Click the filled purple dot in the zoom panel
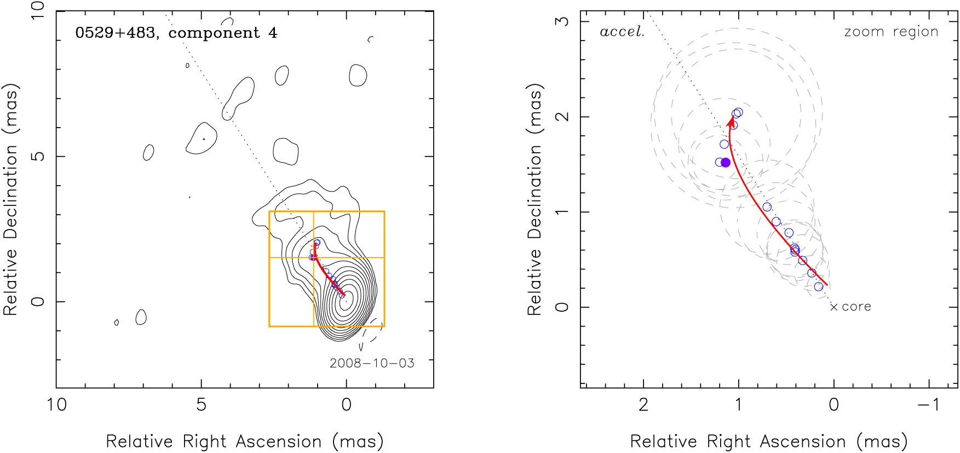[x=726, y=163]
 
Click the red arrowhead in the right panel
[x=731, y=121]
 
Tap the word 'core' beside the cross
[x=856, y=307]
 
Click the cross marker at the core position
[x=833, y=307]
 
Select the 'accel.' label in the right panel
[x=622, y=32]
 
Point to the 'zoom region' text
[x=891, y=32]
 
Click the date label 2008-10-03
[x=372, y=363]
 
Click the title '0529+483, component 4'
[x=176, y=33]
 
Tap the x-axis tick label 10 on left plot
[x=57, y=405]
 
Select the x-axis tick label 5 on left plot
[x=202, y=405]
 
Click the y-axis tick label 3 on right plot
[x=562, y=21]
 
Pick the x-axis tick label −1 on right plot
[x=929, y=405]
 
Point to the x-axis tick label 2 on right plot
[x=643, y=405]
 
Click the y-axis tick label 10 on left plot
[x=38, y=11]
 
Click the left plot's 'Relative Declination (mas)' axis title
[x=11, y=199]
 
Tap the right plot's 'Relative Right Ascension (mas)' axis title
[x=769, y=441]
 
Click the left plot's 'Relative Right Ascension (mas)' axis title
[x=245, y=441]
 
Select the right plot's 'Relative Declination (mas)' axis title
[x=535, y=199]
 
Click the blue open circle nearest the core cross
[x=819, y=286]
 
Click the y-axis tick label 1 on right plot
[x=562, y=212]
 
